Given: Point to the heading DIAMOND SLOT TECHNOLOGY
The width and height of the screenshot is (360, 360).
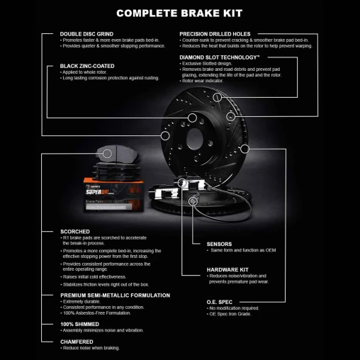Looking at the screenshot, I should [219, 56].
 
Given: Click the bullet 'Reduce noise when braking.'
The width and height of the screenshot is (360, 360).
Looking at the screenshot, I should [91, 348].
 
